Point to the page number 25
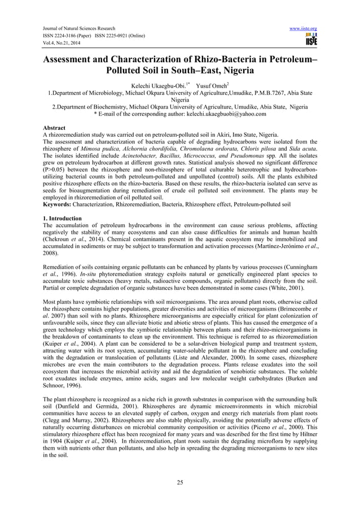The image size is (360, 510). coord(180,481)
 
